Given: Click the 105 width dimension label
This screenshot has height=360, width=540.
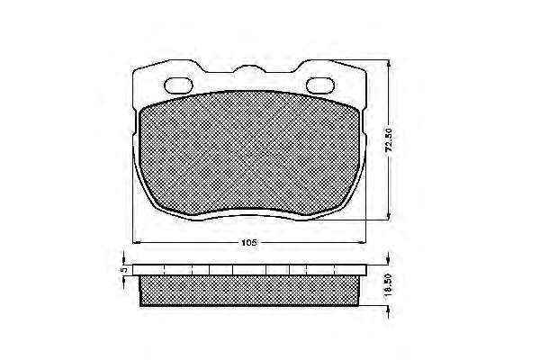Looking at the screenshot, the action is (x=248, y=242).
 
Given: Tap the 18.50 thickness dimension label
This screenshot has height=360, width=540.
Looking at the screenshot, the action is (x=389, y=284).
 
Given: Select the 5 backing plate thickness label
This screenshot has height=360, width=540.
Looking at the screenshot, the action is (x=124, y=269).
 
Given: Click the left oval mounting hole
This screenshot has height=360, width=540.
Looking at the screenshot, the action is (x=178, y=85).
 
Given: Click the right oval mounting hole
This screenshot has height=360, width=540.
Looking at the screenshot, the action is (x=320, y=85).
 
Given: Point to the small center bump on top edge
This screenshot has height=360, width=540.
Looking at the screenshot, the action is (x=248, y=68).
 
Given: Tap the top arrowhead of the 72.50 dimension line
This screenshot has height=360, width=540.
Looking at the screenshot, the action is (x=389, y=64).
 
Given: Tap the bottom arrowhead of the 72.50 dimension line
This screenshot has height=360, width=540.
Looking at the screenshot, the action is (x=389, y=215).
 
